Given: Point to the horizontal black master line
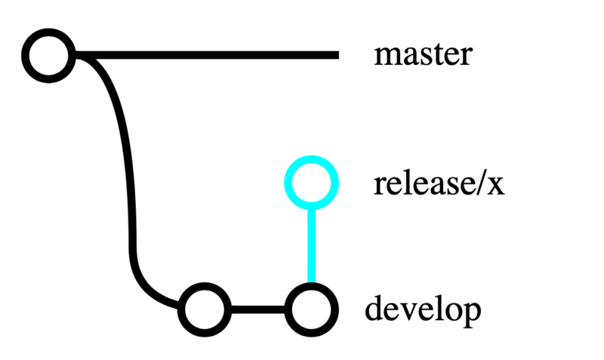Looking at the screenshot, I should click(211, 55).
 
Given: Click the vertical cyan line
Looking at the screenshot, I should click(310, 245).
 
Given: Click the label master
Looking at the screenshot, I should click(423, 55).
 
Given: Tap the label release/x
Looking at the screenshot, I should click(439, 183).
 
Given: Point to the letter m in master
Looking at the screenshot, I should click(387, 57).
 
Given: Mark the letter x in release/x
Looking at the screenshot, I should click(495, 186).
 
